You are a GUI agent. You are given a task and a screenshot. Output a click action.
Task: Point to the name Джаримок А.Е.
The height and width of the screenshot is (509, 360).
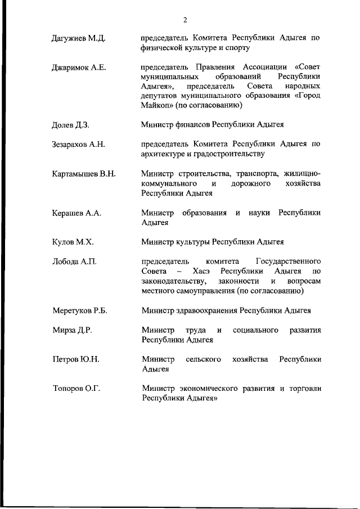79,67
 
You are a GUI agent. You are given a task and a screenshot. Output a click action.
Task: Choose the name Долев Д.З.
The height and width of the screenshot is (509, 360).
70,125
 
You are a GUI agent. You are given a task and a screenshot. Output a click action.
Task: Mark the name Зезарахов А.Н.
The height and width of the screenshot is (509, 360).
78,145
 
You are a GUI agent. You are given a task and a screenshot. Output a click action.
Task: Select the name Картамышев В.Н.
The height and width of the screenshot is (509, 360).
83,173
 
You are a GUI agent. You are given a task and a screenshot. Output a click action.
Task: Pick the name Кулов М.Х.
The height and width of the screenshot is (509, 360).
73,242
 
